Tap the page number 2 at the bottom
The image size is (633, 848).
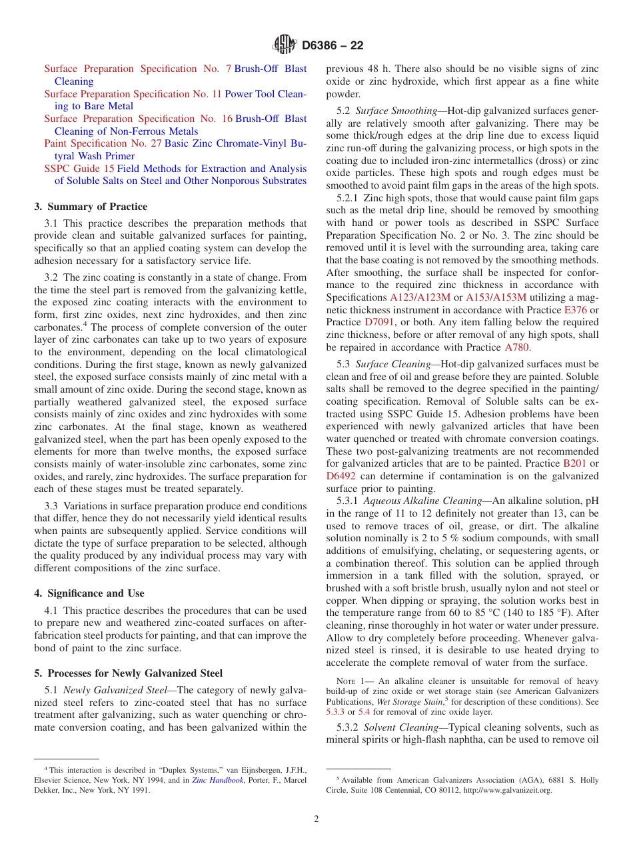coord(316,819)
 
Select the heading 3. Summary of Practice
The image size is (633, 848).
coord(91,207)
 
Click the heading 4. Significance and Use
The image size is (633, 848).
coord(89,593)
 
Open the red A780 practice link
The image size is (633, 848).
coord(516,347)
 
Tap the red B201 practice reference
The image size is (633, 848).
coord(574,463)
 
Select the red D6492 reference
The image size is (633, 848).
coord(340,476)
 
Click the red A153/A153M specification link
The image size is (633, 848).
coord(496,297)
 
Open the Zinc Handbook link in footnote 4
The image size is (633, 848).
coord(217,780)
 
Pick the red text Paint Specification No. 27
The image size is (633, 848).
coord(103,143)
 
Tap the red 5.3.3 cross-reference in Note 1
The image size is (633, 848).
coord(335,712)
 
